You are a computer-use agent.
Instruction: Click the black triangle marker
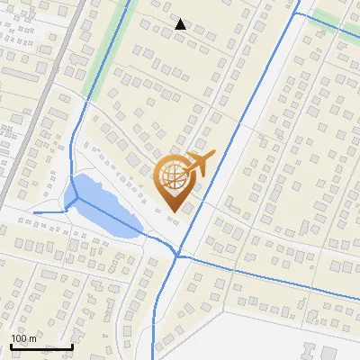coord(181,24)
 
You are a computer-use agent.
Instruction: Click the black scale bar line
coord(41,347)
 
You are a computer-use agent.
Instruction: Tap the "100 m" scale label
coord(23,338)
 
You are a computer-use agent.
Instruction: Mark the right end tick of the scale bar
coord(72,346)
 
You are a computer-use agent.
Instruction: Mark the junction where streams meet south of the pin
coord(177,256)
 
